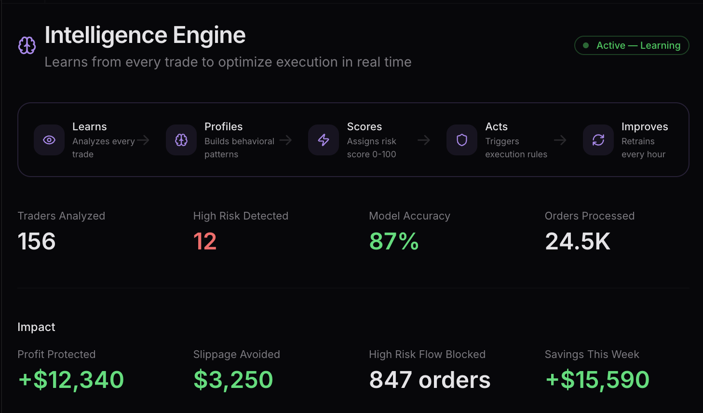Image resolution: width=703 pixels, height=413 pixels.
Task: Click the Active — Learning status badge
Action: tap(632, 45)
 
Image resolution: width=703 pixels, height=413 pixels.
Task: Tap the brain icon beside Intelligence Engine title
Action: tap(27, 45)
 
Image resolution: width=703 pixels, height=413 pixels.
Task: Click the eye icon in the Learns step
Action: tap(49, 140)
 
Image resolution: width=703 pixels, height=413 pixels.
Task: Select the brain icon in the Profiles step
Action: tap(181, 140)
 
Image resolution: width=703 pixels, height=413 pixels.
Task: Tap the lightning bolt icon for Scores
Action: tap(324, 140)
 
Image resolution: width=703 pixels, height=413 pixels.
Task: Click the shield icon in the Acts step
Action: tap(462, 140)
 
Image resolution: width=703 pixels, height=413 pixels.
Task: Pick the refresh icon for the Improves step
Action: tap(598, 140)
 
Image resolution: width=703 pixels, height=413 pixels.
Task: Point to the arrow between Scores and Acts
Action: tap(424, 140)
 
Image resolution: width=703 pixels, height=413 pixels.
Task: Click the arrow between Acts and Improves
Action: tap(560, 140)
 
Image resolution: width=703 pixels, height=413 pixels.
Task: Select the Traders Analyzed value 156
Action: tap(37, 241)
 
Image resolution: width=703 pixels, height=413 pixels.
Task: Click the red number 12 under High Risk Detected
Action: tap(205, 241)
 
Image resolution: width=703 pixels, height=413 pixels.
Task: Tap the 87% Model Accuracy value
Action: tap(394, 241)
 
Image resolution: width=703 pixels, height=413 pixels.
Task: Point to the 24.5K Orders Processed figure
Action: tap(578, 241)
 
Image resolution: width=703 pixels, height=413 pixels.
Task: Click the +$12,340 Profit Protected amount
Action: tap(71, 380)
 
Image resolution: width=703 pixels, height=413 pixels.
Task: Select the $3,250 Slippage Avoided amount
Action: tap(233, 380)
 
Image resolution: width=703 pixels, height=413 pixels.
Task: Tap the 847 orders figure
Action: tap(430, 380)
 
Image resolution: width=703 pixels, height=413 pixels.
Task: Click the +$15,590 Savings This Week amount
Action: tap(597, 380)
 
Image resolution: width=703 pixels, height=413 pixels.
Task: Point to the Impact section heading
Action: tap(36, 327)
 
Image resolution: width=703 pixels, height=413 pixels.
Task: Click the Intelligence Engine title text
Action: tap(145, 35)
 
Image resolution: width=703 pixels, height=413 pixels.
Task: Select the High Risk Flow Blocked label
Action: tap(427, 354)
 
